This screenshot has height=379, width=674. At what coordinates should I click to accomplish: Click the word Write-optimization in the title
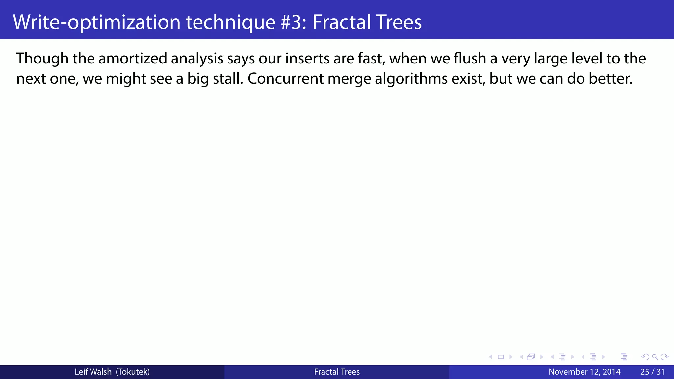[x=97, y=22]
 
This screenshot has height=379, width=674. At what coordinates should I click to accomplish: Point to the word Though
[x=42, y=59]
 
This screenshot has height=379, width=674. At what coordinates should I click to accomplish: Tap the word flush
[x=470, y=59]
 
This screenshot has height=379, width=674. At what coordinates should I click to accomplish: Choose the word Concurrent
[x=286, y=79]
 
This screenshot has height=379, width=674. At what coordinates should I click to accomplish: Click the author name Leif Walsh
[x=93, y=372]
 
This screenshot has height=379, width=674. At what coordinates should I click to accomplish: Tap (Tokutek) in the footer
[x=133, y=372]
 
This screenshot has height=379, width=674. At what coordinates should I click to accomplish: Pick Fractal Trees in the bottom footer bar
[x=337, y=372]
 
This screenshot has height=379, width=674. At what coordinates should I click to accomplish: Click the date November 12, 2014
[x=584, y=372]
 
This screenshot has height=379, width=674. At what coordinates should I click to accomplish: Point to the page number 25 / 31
[x=653, y=372]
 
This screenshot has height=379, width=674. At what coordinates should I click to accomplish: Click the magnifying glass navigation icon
[x=655, y=357]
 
